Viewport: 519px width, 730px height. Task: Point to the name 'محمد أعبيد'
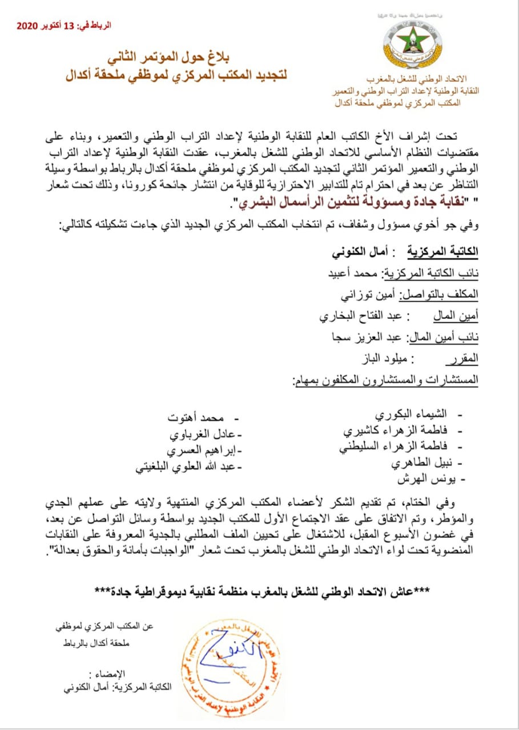coord(344,273)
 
